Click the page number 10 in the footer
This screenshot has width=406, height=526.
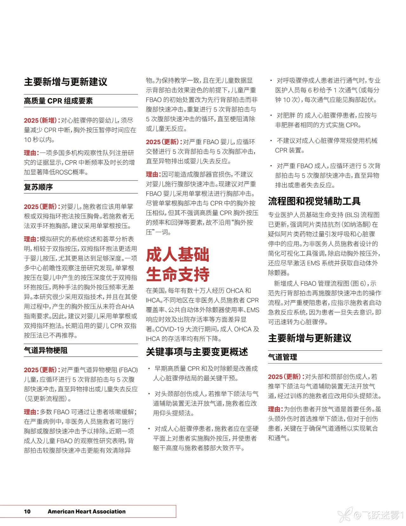27,511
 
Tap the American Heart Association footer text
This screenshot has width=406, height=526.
87,511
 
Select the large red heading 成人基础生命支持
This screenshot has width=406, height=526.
178,264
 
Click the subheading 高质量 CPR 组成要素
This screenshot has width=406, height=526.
58,101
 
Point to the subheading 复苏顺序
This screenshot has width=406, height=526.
38,187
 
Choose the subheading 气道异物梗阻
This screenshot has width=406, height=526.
46,350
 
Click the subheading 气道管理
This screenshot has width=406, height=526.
283,357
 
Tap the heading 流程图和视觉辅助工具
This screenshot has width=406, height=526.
314,201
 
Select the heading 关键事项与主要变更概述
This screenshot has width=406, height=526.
197,352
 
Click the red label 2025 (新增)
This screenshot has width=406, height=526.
42,120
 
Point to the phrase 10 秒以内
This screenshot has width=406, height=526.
39,139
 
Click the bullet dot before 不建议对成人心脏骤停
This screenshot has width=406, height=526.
271,141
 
